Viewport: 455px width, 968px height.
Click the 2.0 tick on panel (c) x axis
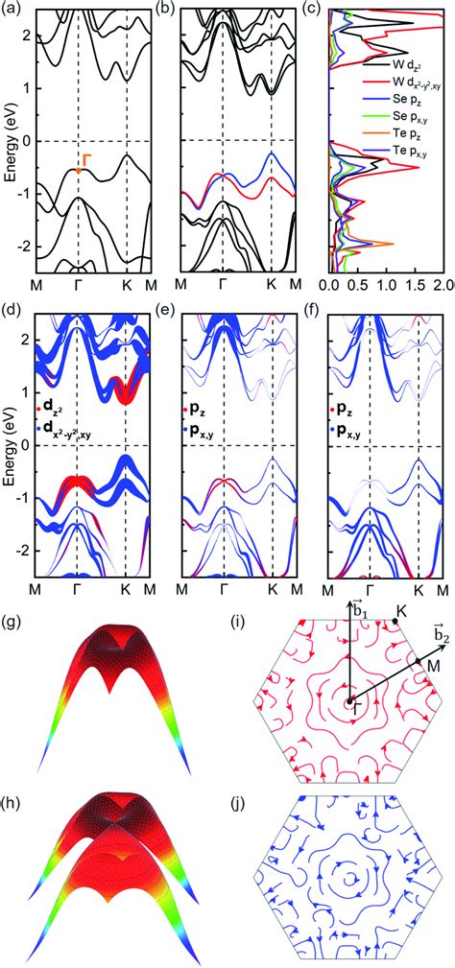443,286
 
